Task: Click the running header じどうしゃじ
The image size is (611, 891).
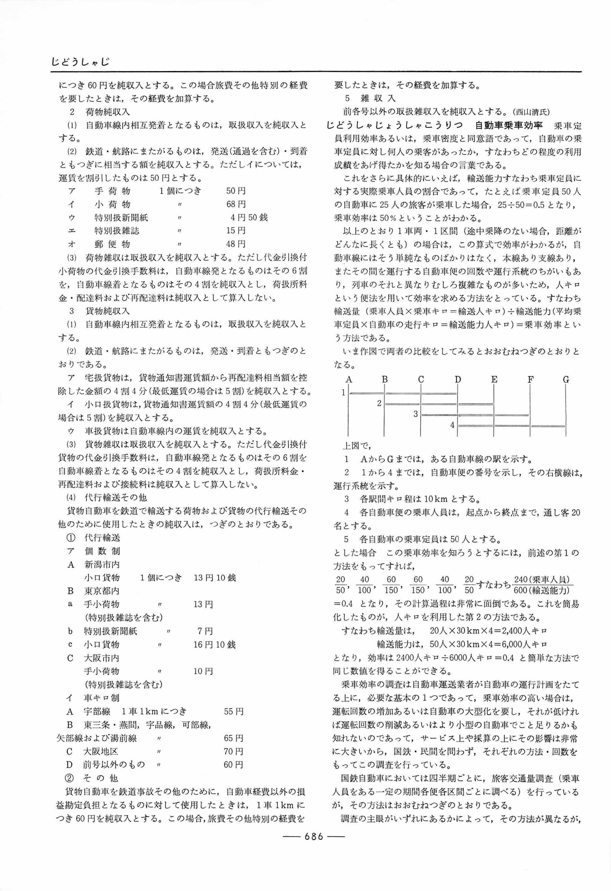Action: [80, 61]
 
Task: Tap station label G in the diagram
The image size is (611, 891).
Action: [566, 380]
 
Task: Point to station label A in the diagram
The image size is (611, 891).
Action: [349, 380]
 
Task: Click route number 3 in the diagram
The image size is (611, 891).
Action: [415, 414]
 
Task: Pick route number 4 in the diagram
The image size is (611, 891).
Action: [452, 425]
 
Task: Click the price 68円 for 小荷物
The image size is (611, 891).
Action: [236, 204]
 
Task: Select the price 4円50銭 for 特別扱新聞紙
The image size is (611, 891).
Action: [249, 218]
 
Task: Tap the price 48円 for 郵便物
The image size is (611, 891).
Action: [236, 244]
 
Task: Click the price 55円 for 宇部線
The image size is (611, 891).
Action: [233, 711]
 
